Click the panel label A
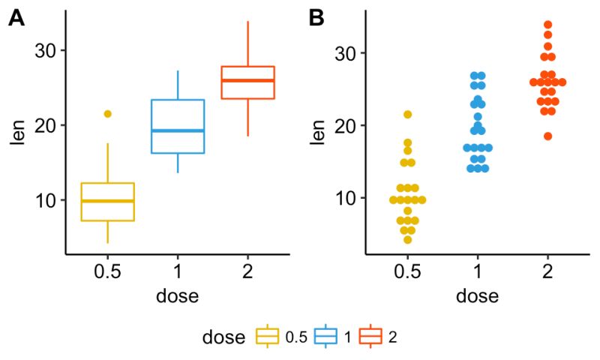tap(16, 19)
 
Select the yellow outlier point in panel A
tap(107, 114)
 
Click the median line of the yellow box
tap(107, 201)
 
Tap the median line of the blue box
tap(178, 130)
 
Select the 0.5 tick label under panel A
tap(107, 270)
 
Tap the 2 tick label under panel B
tap(548, 270)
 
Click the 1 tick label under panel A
tap(178, 270)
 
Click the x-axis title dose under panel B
tap(477, 295)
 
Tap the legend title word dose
tap(223, 337)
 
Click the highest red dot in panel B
tap(548, 25)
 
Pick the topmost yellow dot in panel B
tap(407, 115)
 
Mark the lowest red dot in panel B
tap(548, 136)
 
